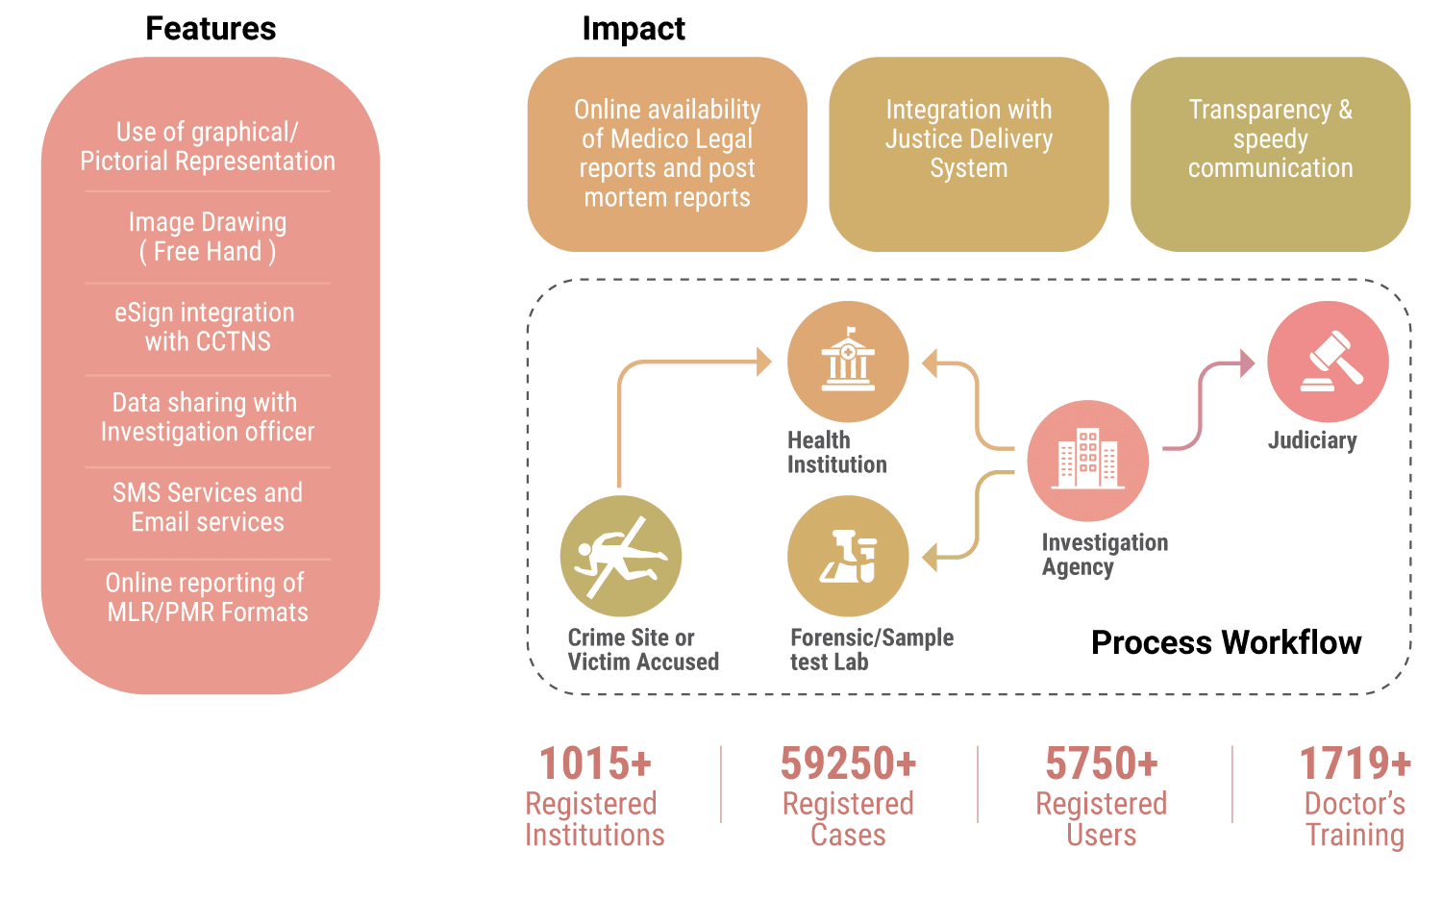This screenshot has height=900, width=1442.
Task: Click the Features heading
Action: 211,29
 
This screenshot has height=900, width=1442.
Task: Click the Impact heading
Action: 633,29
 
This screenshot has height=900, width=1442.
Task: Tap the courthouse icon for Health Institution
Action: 848,362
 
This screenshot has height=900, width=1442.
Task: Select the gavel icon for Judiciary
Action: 1328,362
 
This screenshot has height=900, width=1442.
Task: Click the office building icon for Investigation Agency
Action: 1087,461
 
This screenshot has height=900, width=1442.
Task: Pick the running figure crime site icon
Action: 621,556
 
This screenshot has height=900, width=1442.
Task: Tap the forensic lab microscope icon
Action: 848,556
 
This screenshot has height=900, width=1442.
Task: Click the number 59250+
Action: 848,764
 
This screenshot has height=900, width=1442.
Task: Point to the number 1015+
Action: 595,764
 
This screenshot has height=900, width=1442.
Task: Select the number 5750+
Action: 1102,764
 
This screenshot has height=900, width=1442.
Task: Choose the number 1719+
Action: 1355,764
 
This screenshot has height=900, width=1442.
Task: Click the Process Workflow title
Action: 1226,642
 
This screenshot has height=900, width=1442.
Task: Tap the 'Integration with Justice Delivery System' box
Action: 969,154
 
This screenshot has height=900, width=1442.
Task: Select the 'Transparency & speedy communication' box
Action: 1270,154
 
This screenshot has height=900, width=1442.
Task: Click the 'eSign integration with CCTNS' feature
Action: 208,327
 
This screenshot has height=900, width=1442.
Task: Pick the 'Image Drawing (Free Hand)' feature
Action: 208,237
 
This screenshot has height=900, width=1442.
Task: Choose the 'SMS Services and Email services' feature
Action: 208,508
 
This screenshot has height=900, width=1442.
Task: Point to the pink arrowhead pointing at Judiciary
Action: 1248,363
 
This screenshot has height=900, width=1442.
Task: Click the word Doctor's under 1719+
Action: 1355,804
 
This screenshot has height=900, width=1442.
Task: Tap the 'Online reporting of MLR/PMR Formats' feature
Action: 208,598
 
